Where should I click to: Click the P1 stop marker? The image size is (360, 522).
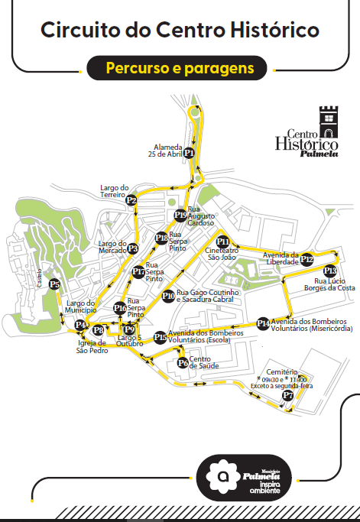tap(190, 153)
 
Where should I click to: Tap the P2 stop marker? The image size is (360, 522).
tap(131, 201)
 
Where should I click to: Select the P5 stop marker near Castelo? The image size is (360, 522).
tap(54, 285)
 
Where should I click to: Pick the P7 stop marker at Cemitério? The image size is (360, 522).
tap(287, 396)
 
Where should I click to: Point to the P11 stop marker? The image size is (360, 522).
tap(223, 242)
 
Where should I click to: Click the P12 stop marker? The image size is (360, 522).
tap(306, 259)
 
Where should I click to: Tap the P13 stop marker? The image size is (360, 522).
tap(329, 271)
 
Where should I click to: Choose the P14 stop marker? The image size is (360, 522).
tap(263, 323)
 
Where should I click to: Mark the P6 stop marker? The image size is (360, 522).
tap(182, 363)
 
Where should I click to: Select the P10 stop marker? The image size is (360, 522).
tap(168, 296)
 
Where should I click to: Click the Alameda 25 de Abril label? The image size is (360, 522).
tap(168, 150)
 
